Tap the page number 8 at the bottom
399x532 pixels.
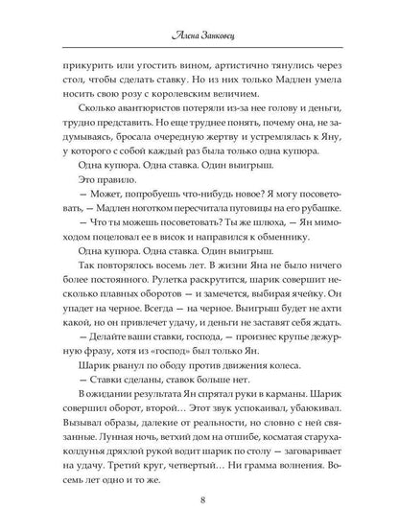199,498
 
